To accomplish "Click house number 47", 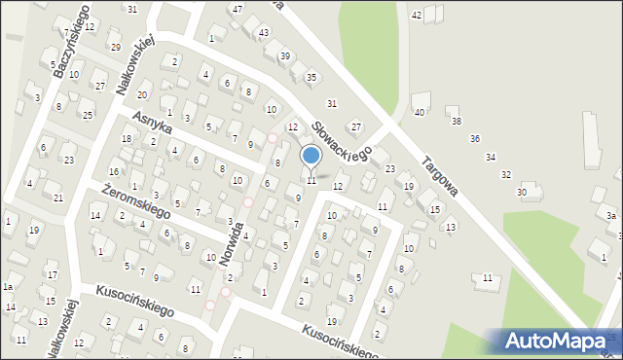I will [237, 9].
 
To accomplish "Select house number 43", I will [264, 32].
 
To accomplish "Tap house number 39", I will [285, 56].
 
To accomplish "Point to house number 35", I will [311, 77].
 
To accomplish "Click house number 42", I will [417, 15].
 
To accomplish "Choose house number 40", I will [421, 113].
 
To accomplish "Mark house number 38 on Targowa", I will [456, 122].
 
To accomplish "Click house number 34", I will [491, 157].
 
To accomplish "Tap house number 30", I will [522, 193].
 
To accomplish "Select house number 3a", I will [611, 215].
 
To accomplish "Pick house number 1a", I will [7, 287].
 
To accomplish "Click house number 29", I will [115, 47].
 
